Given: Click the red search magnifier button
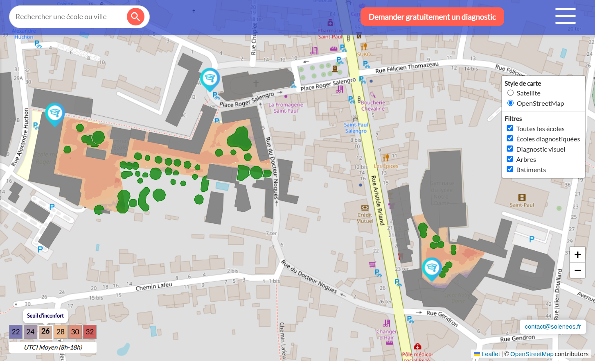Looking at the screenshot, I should tap(135, 17).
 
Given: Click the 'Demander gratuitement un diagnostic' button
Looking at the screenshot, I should tap(432, 17).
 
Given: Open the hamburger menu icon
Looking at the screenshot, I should tap(565, 16).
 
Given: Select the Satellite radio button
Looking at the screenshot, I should tap(510, 93).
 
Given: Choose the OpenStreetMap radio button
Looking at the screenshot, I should tap(510, 103).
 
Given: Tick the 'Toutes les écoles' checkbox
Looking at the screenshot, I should tap(510, 129).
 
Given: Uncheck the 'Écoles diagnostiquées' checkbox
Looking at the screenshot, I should tap(510, 139).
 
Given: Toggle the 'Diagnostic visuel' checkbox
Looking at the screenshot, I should tap(510, 149).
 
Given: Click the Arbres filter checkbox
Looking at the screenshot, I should tap(510, 159).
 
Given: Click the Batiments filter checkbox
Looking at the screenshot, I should tap(510, 170).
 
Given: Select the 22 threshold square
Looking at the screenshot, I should tap(16, 332).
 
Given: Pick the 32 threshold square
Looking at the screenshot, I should tap(90, 332).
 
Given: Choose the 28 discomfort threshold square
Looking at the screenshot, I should tap(61, 332).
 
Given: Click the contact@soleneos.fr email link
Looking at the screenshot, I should tap(552, 327).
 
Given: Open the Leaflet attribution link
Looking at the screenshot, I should tap(491, 354).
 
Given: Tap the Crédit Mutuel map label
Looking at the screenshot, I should tap(365, 218).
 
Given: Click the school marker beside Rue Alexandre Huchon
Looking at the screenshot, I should tap(54, 114).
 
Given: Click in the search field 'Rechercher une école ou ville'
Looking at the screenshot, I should tap(68, 17).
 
